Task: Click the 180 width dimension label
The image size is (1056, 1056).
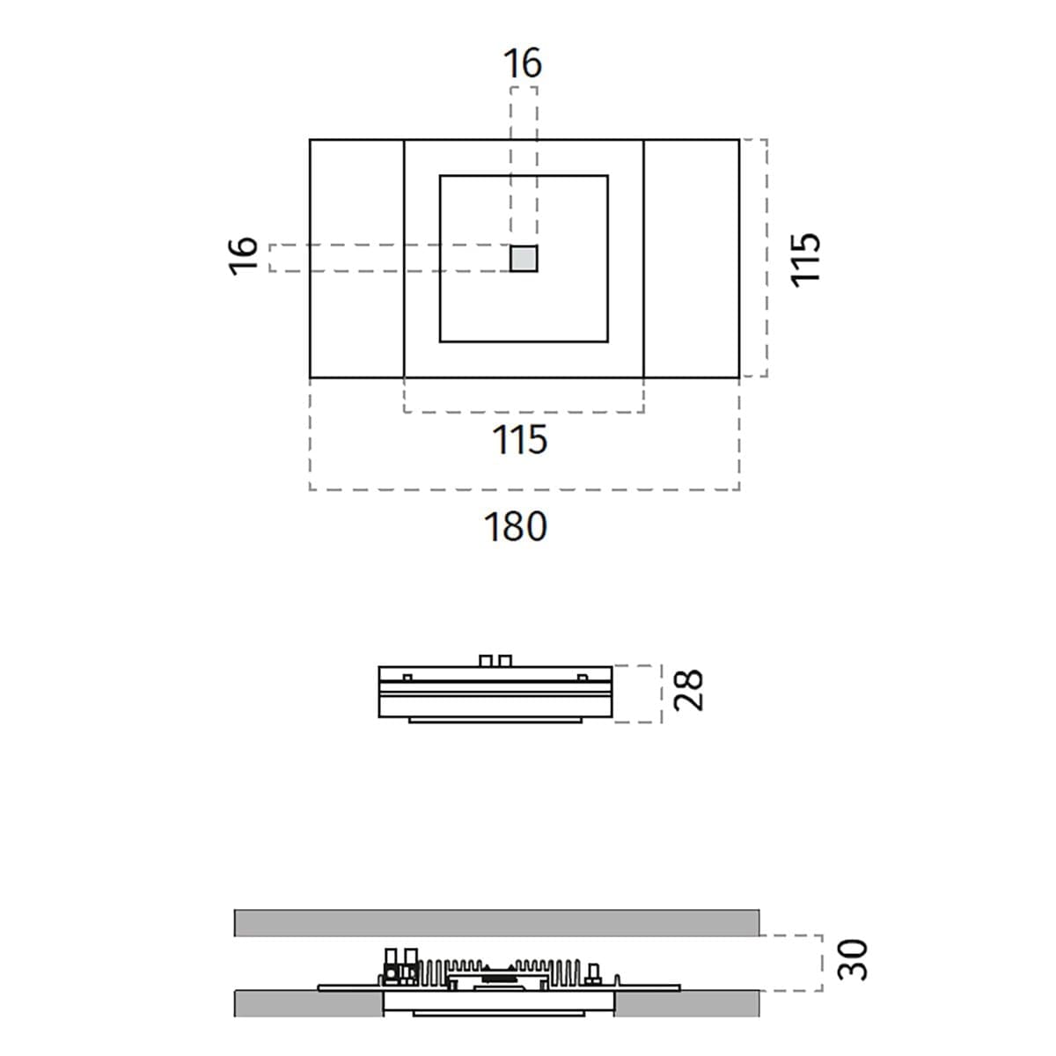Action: [x=515, y=526]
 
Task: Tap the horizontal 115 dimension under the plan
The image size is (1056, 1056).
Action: [x=519, y=440]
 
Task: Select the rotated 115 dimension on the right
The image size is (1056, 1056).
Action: [x=804, y=260]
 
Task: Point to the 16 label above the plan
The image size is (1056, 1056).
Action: [x=523, y=63]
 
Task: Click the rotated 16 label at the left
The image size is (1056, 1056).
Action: [x=243, y=256]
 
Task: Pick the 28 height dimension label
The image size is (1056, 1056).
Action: [x=688, y=691]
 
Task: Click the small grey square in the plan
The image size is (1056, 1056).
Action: [x=524, y=258]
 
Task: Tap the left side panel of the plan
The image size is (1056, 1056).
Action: [x=356, y=259]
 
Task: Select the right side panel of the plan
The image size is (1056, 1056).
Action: [x=692, y=259]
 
